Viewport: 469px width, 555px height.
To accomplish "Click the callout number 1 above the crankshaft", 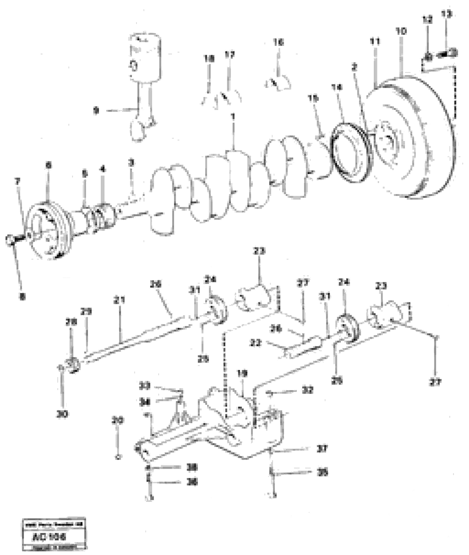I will (233, 116).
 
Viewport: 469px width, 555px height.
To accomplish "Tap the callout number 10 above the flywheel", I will (401, 31).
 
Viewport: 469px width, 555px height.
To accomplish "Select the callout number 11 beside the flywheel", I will (375, 41).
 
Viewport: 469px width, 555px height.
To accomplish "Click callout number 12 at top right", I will (428, 19).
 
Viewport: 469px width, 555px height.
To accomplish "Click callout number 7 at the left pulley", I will (17, 182).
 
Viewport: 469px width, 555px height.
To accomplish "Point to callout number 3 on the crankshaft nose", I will (131, 163).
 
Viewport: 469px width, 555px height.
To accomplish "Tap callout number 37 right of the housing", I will (322, 449).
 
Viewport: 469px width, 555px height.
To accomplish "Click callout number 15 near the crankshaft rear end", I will (313, 99).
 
